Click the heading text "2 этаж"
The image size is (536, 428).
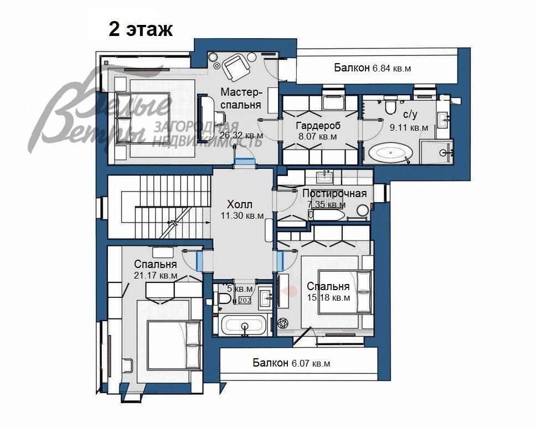[x=141, y=29]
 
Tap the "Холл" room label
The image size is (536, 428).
[x=240, y=205]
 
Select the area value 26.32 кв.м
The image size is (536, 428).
[x=241, y=135]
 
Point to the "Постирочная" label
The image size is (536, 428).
[x=334, y=193]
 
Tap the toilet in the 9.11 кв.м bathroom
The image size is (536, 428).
[x=391, y=105]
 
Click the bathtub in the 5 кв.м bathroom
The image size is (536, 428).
[x=244, y=325]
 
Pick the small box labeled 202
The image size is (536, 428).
[x=244, y=300]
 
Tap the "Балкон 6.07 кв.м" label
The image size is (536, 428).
[x=291, y=363]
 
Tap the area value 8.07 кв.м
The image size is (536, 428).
[x=317, y=136]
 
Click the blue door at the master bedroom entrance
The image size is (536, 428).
[x=243, y=162]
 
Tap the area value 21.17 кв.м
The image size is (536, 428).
[x=156, y=275]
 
